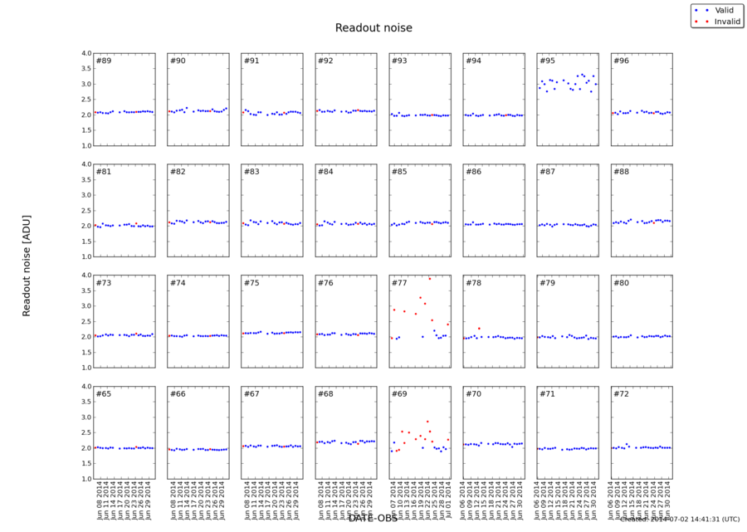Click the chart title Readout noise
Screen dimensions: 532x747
coord(373,28)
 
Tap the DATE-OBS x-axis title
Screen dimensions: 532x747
coord(373,518)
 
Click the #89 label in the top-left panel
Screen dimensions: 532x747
coord(104,61)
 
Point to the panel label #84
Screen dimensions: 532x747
coord(325,172)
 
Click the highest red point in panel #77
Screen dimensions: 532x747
coord(429,279)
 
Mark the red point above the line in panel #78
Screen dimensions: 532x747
coord(479,329)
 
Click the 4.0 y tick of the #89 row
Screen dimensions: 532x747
coord(85,53)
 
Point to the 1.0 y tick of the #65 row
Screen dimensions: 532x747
coord(85,479)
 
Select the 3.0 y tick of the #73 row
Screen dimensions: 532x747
coord(85,306)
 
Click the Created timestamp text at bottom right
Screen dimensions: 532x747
coord(680,520)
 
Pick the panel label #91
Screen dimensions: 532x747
coord(251,61)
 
